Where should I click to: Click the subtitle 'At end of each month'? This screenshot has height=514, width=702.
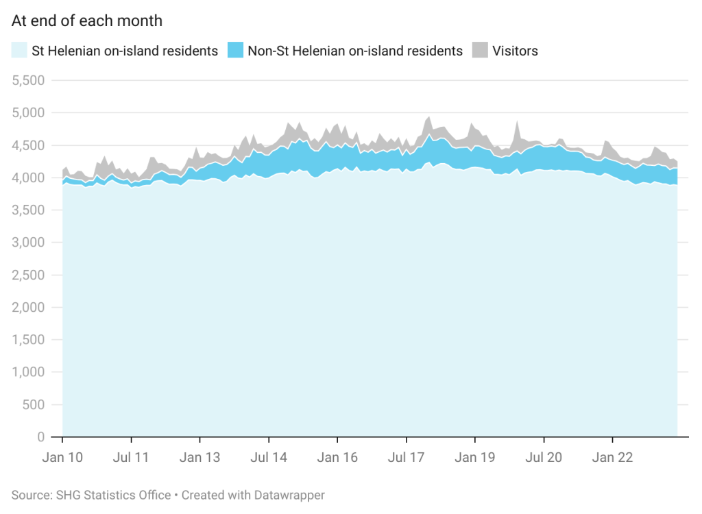click(x=87, y=21)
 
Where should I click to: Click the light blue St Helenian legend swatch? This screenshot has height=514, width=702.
click(x=20, y=51)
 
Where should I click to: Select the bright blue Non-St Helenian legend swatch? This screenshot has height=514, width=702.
click(x=236, y=51)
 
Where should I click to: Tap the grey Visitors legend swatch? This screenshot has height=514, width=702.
click(x=480, y=51)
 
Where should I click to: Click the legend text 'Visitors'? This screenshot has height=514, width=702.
click(x=515, y=51)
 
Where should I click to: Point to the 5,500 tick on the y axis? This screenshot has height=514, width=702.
click(x=29, y=80)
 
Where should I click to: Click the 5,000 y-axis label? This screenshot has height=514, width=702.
click(x=29, y=112)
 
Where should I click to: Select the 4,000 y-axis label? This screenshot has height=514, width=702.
click(x=29, y=178)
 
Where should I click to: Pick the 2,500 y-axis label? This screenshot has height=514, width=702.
click(x=29, y=275)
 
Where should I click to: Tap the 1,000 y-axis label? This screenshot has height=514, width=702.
click(x=29, y=372)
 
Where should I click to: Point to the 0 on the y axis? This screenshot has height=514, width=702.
click(x=41, y=437)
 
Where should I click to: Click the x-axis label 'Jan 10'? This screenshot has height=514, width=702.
click(x=62, y=457)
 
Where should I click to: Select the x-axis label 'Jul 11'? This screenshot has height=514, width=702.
click(x=131, y=457)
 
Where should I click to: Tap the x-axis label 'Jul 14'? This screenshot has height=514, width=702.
click(x=269, y=457)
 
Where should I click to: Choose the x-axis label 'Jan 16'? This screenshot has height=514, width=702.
click(x=337, y=457)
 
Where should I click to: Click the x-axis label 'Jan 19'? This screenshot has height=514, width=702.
click(x=474, y=457)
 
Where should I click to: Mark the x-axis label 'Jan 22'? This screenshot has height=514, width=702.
click(x=612, y=457)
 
